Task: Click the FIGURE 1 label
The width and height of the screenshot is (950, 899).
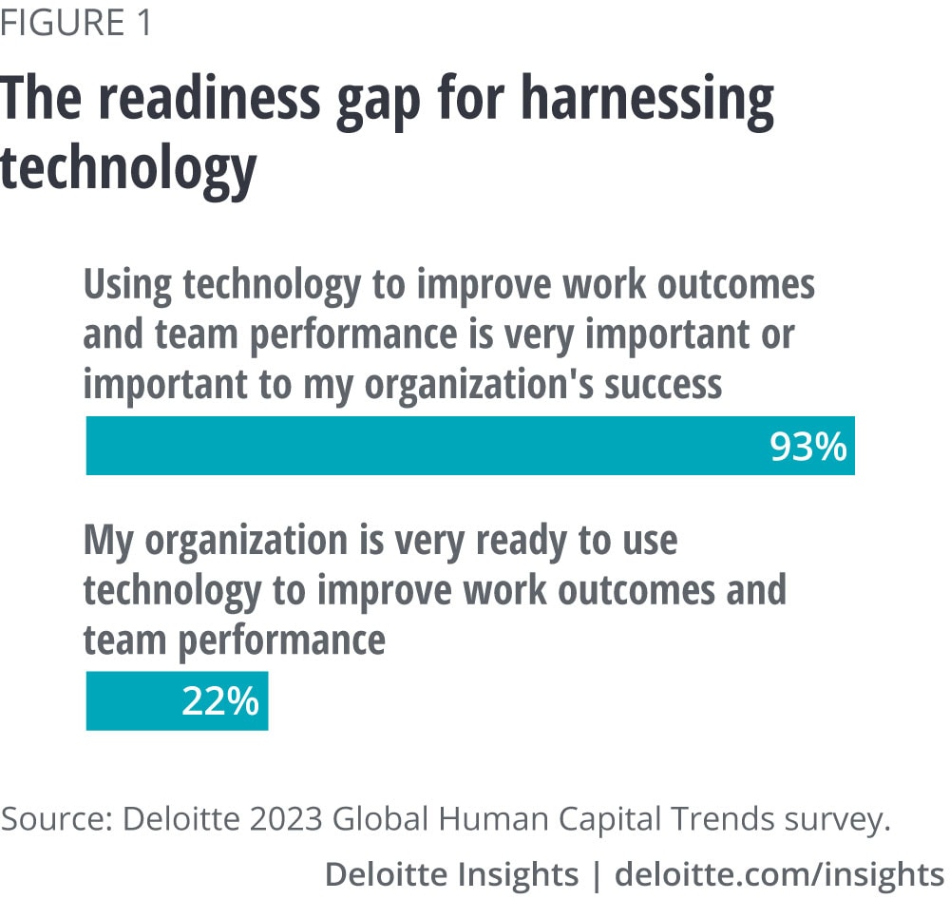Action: point(76,23)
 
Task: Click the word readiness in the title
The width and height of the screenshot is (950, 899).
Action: point(214,101)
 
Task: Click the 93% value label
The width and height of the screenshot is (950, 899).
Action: point(807,447)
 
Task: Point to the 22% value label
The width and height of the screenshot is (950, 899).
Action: point(220,702)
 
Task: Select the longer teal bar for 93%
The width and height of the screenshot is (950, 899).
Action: point(427,446)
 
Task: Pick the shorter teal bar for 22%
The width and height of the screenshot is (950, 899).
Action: point(133,701)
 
